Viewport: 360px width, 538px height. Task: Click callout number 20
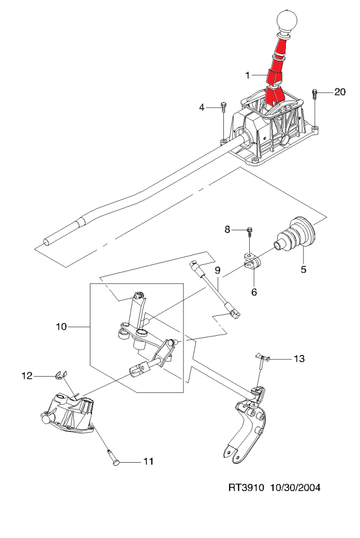coord(340,92)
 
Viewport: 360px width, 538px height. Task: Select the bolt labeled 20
coord(315,94)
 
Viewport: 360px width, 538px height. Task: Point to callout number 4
coord(202,108)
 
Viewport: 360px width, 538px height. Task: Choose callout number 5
coord(303,270)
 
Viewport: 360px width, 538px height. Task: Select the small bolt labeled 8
coord(250,232)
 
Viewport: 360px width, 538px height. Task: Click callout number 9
coord(217,270)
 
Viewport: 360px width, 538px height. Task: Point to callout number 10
coord(61,327)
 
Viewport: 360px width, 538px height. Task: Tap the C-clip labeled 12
coord(61,376)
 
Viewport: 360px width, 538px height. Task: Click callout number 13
coord(300,358)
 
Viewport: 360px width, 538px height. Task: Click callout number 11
coord(148,462)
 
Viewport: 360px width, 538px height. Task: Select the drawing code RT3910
coord(246,487)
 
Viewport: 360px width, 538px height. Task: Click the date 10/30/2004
coord(295,487)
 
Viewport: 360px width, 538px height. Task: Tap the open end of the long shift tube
coord(46,242)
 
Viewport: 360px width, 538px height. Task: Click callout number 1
coord(248,75)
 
